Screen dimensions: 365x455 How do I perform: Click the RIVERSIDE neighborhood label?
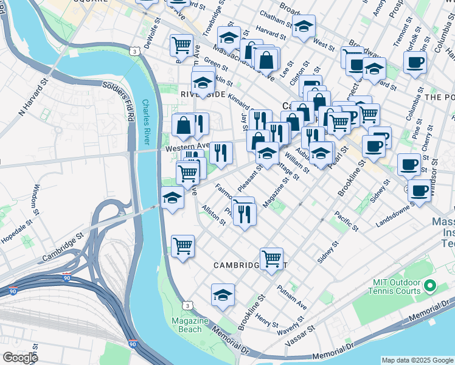click(203, 95)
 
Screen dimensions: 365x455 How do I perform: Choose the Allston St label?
click(214, 216)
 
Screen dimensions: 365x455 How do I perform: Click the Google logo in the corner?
click(20, 358)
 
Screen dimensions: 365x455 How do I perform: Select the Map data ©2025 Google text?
click(417, 360)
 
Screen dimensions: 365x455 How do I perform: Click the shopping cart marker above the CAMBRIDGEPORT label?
click(271, 258)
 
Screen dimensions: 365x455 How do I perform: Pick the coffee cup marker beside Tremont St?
click(415, 62)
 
